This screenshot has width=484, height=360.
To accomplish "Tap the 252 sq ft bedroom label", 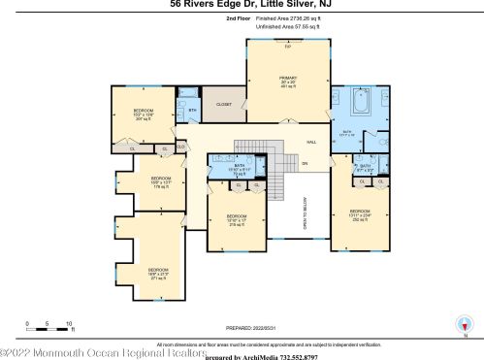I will click(359, 215).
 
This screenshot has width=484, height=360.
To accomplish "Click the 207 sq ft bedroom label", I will click(143, 115).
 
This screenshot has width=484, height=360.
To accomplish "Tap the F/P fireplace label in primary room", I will click(287, 46).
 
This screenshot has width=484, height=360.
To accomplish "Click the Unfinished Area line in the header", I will click(287, 26).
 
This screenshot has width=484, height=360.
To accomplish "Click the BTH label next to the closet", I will click(192, 110).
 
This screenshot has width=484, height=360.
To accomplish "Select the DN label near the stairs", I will click(304, 163).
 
